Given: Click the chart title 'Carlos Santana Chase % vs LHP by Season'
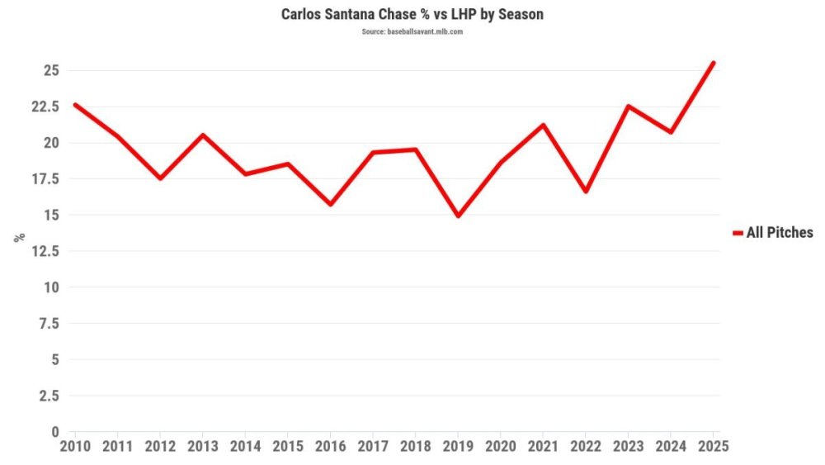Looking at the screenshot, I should [412, 15].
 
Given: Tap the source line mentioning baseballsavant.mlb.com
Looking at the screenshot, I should [412, 31].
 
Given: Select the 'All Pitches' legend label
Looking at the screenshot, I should [779, 233].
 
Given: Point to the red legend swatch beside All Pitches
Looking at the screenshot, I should [738, 233].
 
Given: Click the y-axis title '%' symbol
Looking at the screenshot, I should [18, 237].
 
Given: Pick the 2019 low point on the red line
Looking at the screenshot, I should [458, 216].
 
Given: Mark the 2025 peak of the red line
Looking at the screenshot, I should [714, 63].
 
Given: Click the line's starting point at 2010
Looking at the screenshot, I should [75, 105].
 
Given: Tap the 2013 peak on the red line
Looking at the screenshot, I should [202, 135].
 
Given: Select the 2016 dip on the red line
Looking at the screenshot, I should [330, 204].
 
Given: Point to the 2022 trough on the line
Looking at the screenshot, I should [586, 192].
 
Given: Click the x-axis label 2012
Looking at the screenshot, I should [159, 446].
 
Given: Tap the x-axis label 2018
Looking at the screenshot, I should [415, 446].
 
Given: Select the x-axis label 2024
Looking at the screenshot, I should [671, 446].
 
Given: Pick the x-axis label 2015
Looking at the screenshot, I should [287, 446].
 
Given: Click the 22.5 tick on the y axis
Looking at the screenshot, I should [46, 107].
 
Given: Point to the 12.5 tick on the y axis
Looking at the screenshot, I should [46, 251].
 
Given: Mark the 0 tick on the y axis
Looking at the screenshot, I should [54, 431].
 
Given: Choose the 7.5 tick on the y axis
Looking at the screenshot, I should [49, 323].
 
